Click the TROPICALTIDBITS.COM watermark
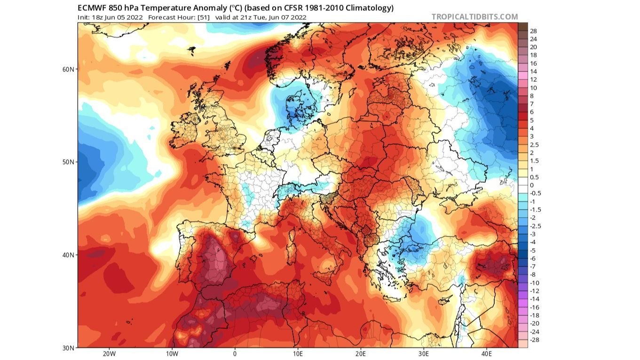474,17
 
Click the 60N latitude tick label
69,69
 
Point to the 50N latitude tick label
69,162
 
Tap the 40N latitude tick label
69,255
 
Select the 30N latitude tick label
69,348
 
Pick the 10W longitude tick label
172,354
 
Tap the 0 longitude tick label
235,354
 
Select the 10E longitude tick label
298,354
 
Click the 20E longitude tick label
361,354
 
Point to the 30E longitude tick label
424,354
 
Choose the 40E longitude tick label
487,354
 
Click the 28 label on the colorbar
533,31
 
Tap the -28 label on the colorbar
534,339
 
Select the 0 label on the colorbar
532,185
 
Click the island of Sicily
323,275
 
